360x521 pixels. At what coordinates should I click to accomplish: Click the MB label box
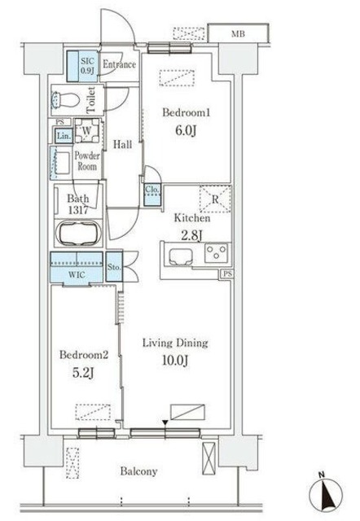point(238,33)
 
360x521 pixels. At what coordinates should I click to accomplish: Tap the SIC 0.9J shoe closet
point(83,66)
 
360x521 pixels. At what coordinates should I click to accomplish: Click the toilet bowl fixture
point(65,99)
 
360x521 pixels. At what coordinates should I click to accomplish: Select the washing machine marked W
point(87,130)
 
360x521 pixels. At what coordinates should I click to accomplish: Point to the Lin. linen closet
point(64,136)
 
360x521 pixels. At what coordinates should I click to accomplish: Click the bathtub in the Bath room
point(78,233)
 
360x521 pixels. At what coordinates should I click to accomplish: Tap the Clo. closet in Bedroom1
point(152,195)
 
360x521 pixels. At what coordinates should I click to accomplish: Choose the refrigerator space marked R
point(215,199)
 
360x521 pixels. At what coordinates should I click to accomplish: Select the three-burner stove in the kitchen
point(217,253)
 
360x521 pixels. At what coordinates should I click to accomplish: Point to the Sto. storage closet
point(114,267)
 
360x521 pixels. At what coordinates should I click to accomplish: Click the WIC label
point(77,275)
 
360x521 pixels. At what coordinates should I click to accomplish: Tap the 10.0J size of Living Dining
point(175,360)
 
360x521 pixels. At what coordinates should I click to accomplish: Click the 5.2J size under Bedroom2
point(83,373)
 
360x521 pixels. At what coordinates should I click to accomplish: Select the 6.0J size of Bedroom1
point(186,130)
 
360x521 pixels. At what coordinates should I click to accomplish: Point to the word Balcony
point(138,471)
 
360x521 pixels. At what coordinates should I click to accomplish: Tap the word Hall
point(123,144)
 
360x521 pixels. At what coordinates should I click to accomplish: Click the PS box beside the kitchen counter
point(227,274)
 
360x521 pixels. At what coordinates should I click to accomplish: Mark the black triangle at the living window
point(165,422)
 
